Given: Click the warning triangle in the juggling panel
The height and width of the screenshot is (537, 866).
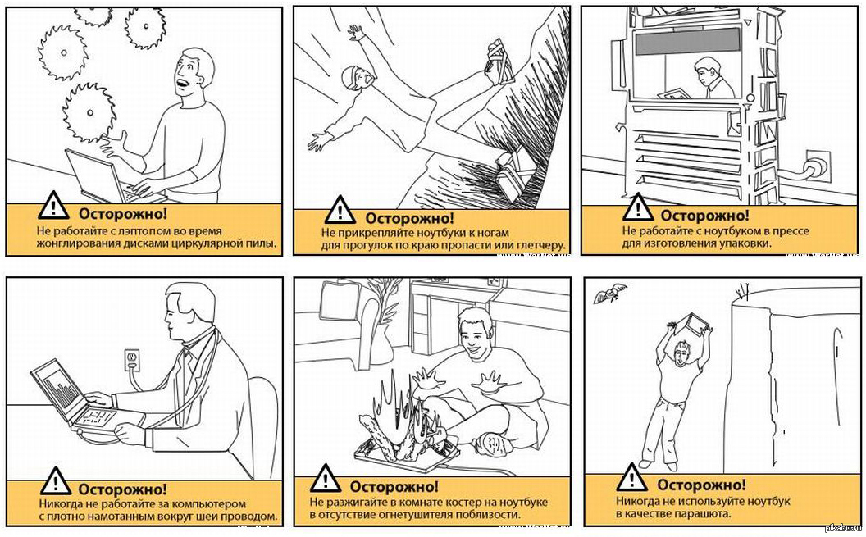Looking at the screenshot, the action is point(53,205).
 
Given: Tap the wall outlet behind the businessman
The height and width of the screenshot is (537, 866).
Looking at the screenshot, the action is point(132,361).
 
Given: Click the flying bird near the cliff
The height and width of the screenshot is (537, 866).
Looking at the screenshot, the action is point(610,293).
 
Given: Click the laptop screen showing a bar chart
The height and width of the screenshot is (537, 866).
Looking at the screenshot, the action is point(57,388).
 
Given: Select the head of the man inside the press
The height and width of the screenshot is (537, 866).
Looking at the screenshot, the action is point(705,68).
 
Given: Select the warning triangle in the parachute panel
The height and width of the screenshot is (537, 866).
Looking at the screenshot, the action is point(631,477).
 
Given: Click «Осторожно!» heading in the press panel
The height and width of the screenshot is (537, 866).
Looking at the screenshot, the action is point(704,216).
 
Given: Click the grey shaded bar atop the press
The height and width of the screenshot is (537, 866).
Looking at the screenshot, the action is point(688,41).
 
